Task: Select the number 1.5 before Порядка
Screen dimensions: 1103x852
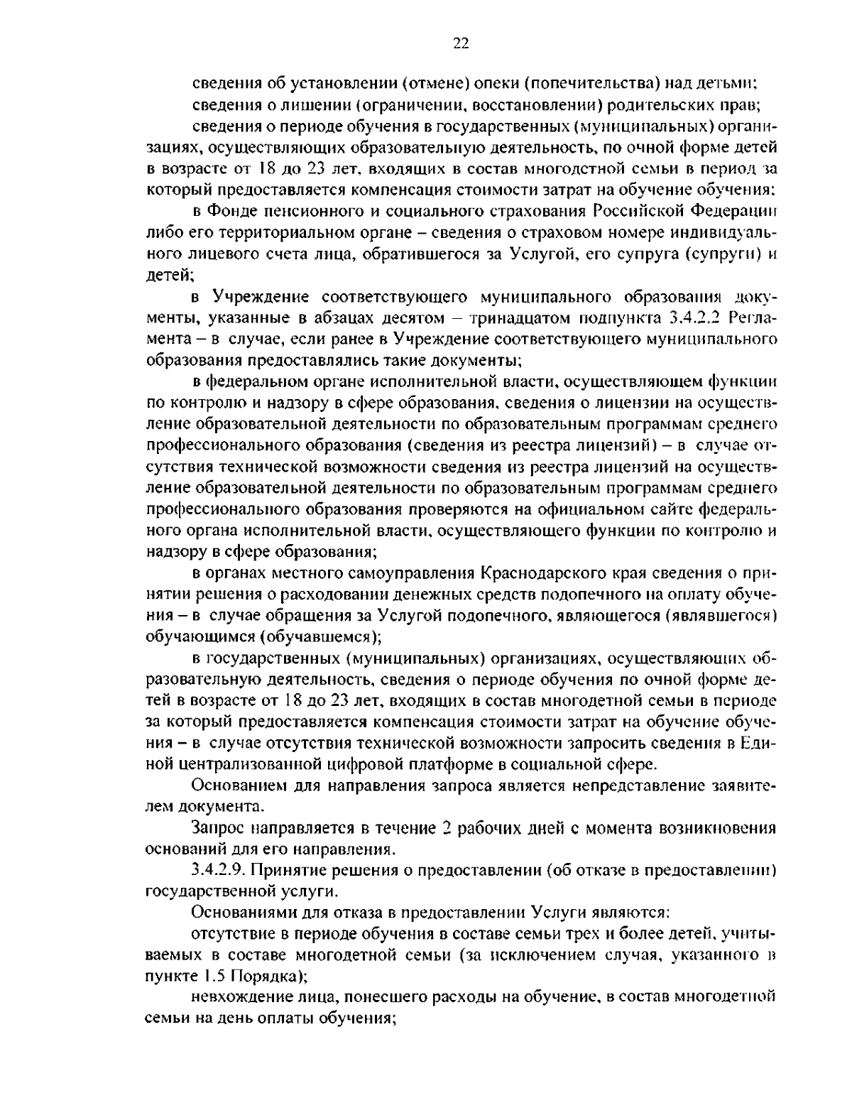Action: pyautogui.click(x=217, y=974)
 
